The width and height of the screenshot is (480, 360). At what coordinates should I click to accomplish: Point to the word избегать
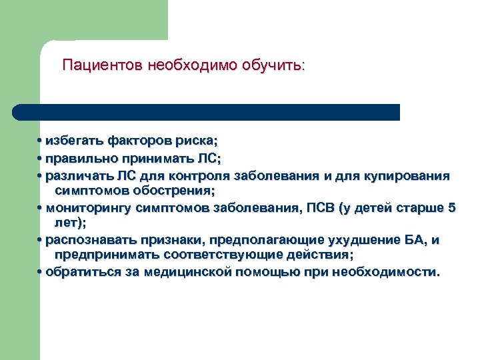coord(71,141)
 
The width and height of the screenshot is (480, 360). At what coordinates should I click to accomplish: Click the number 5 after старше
coord(452,208)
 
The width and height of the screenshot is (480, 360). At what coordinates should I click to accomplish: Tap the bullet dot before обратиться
coord(41,272)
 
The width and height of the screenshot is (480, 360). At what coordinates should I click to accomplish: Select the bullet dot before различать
coord(41,176)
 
